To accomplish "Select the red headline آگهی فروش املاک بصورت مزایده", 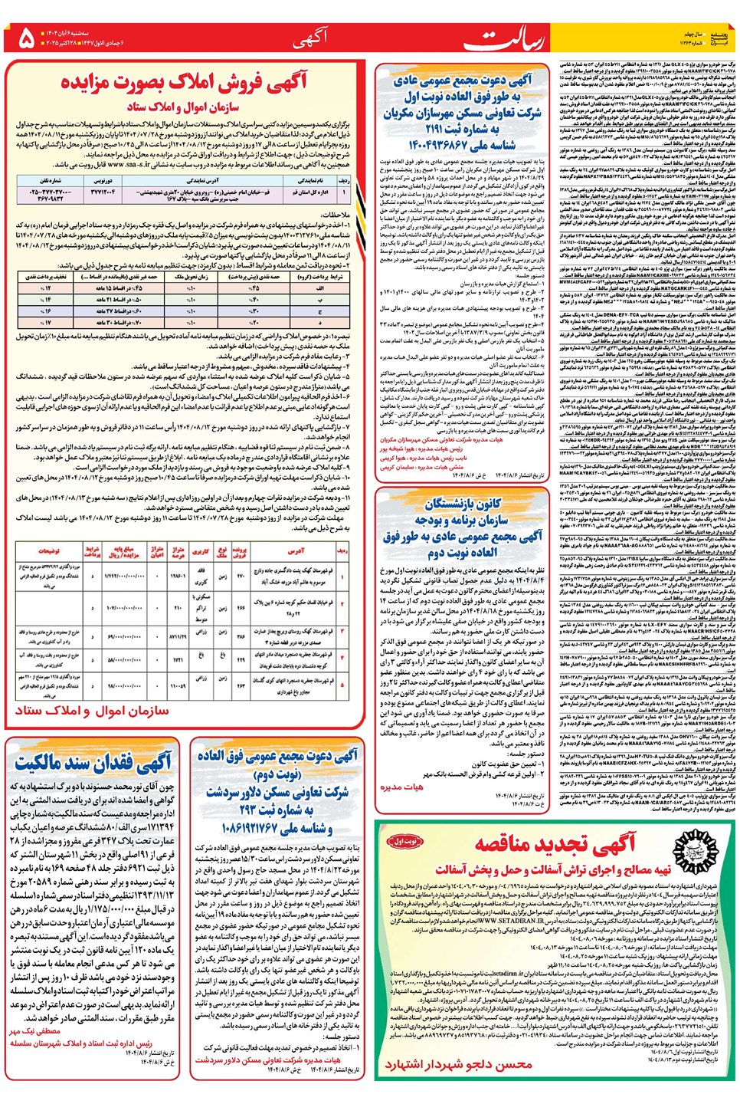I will click(185, 82).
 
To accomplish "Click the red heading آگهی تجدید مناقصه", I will click(555, 844).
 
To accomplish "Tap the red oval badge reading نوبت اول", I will click(404, 841).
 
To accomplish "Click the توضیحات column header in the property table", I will click(47, 550).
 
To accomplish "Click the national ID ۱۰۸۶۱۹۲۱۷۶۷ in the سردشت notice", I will click(276, 828).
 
